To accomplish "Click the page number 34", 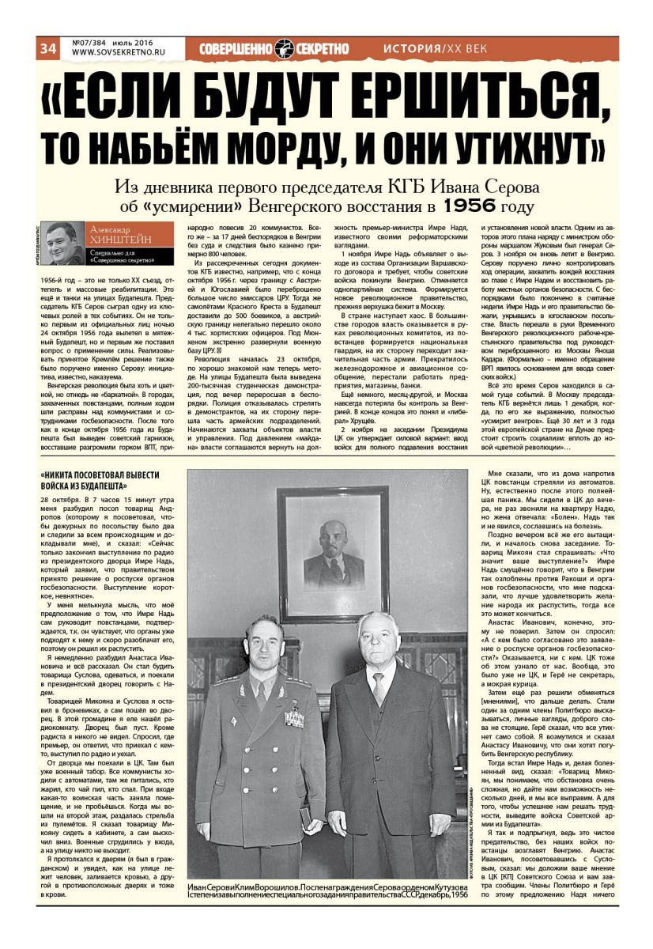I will pyautogui.click(x=48, y=48).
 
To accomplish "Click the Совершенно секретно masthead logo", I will pyautogui.click(x=274, y=48).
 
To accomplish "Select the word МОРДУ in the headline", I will pyautogui.click(x=274, y=147).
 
